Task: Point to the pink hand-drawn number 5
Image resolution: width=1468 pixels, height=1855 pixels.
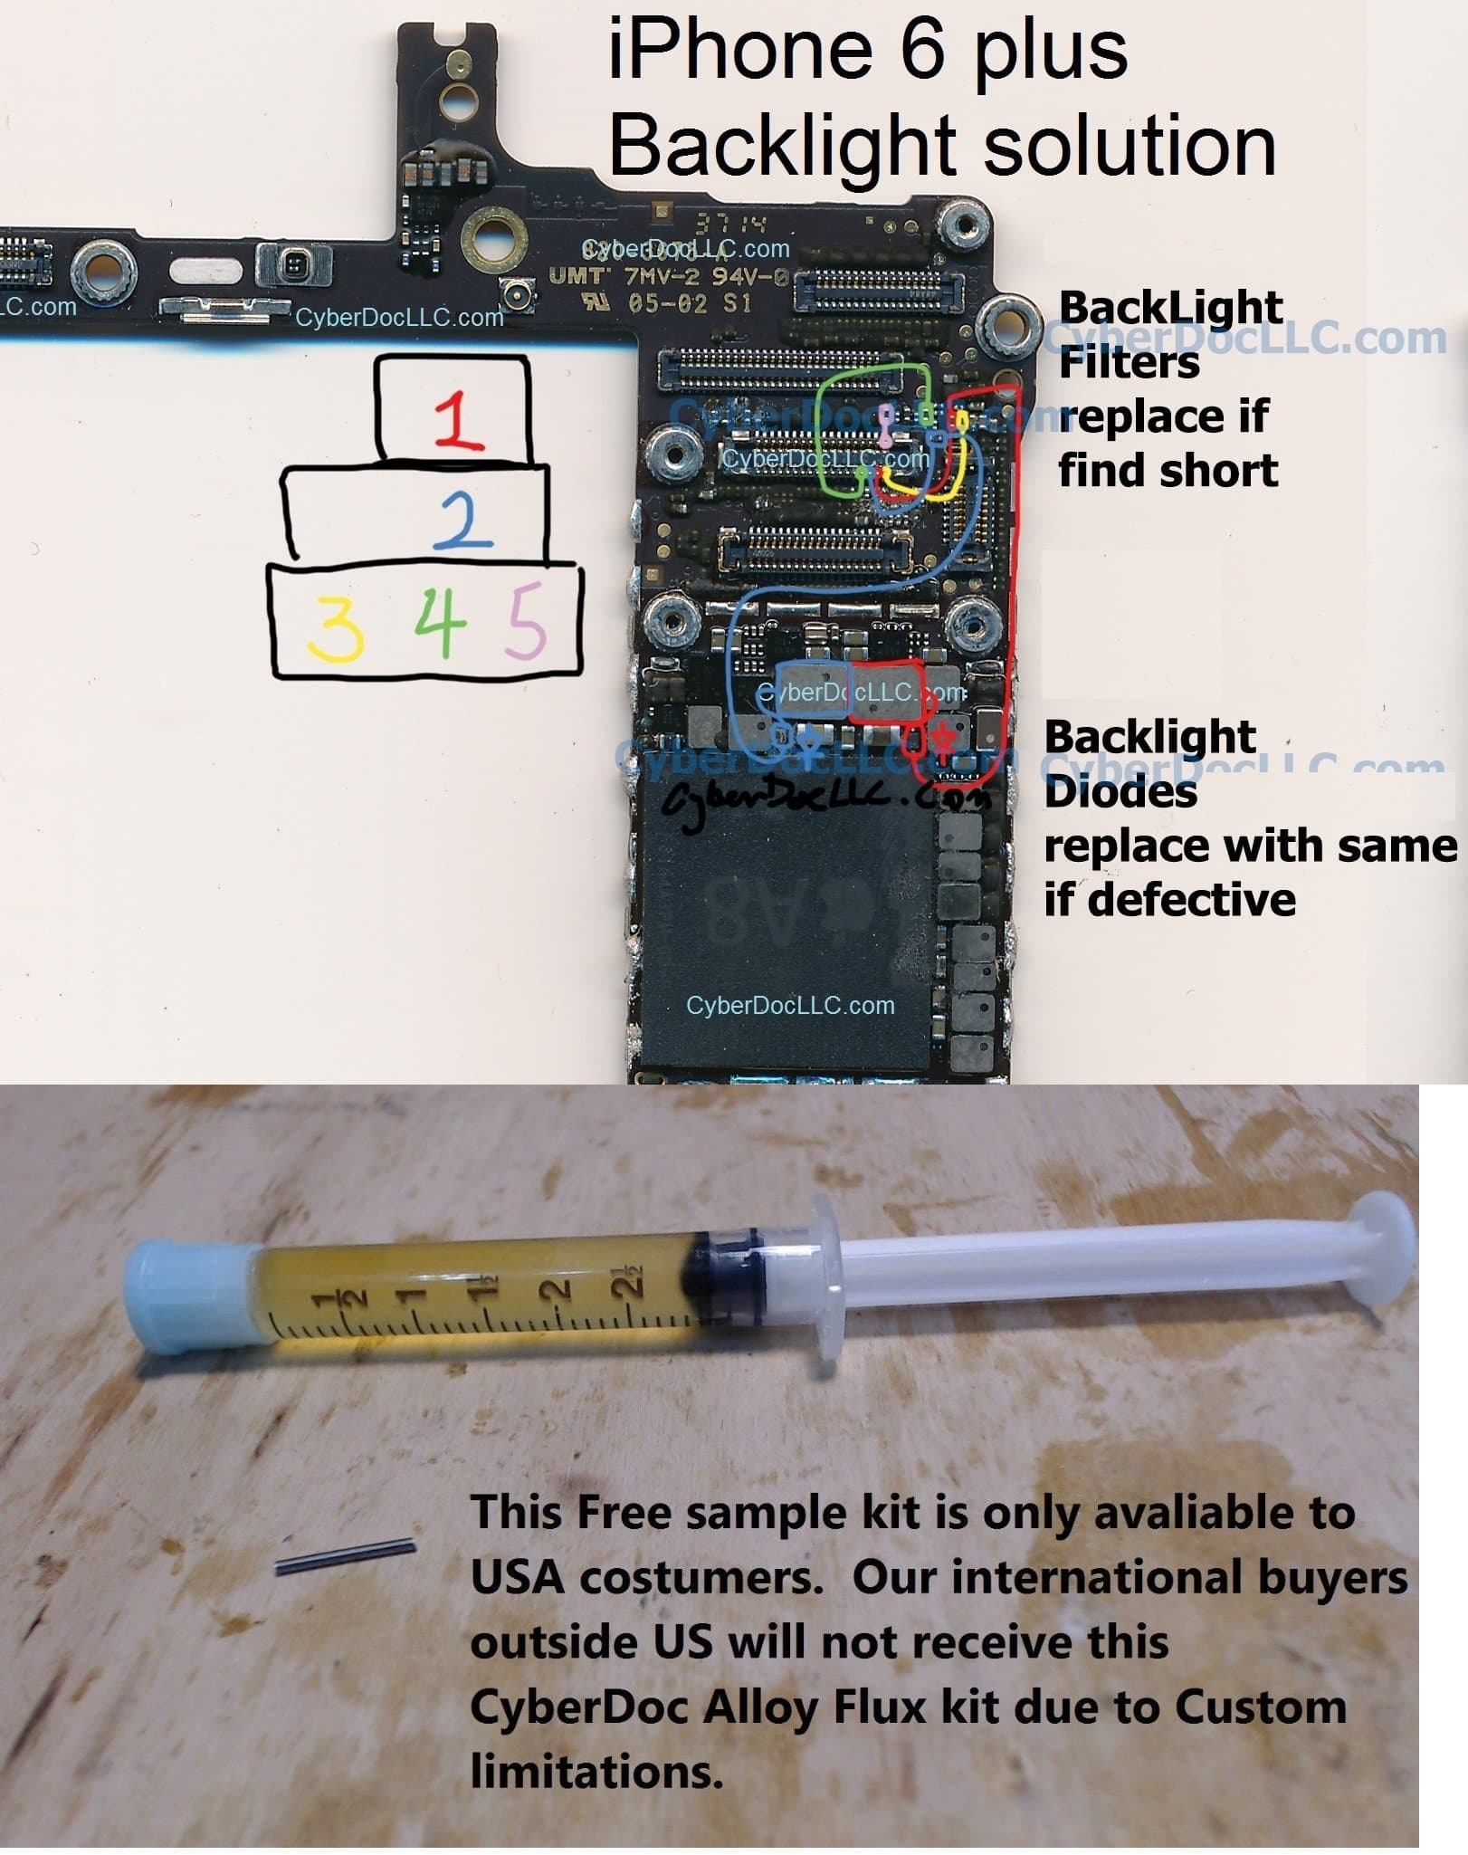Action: click(x=526, y=620)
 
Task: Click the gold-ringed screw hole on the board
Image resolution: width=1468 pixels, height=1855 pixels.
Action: click(x=494, y=238)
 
